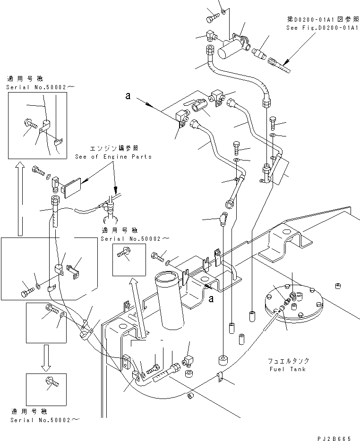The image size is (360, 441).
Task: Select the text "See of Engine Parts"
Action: (113, 157)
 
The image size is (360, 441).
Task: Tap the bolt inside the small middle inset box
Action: (124, 254)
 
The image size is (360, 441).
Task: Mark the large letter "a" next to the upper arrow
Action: (128, 96)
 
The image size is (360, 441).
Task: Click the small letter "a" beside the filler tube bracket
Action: (211, 298)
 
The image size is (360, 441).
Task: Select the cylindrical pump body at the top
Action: (228, 49)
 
